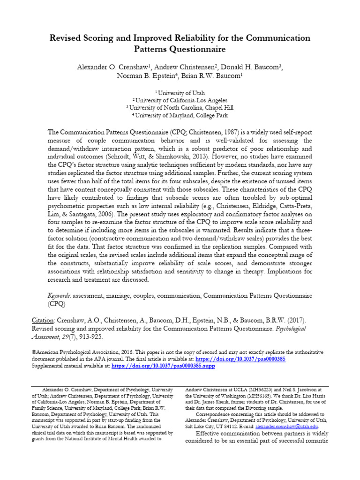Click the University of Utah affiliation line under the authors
181,93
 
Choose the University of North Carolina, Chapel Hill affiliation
181,107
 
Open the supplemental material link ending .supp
163,366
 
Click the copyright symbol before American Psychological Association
33,352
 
